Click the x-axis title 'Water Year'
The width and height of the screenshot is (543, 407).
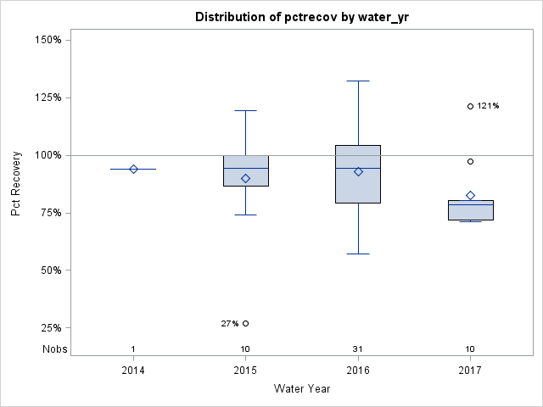[x=302, y=389]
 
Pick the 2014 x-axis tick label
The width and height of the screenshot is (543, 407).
[x=133, y=371]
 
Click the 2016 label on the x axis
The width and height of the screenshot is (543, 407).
[x=358, y=371]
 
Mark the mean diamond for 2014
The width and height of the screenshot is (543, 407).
[x=133, y=169]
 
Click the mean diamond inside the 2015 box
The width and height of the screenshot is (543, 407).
[x=245, y=178]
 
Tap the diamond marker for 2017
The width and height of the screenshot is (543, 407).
[x=470, y=195]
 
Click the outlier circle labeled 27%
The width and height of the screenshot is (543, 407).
[x=245, y=323]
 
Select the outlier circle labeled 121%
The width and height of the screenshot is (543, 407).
[x=470, y=106]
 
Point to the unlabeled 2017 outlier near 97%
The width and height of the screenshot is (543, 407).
[x=470, y=161]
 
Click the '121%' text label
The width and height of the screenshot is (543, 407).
[x=488, y=106]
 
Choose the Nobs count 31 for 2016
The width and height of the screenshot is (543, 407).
[x=358, y=349]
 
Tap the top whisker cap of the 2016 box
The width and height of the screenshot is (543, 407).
[x=358, y=81]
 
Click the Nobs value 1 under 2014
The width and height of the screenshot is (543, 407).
[x=133, y=349]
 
